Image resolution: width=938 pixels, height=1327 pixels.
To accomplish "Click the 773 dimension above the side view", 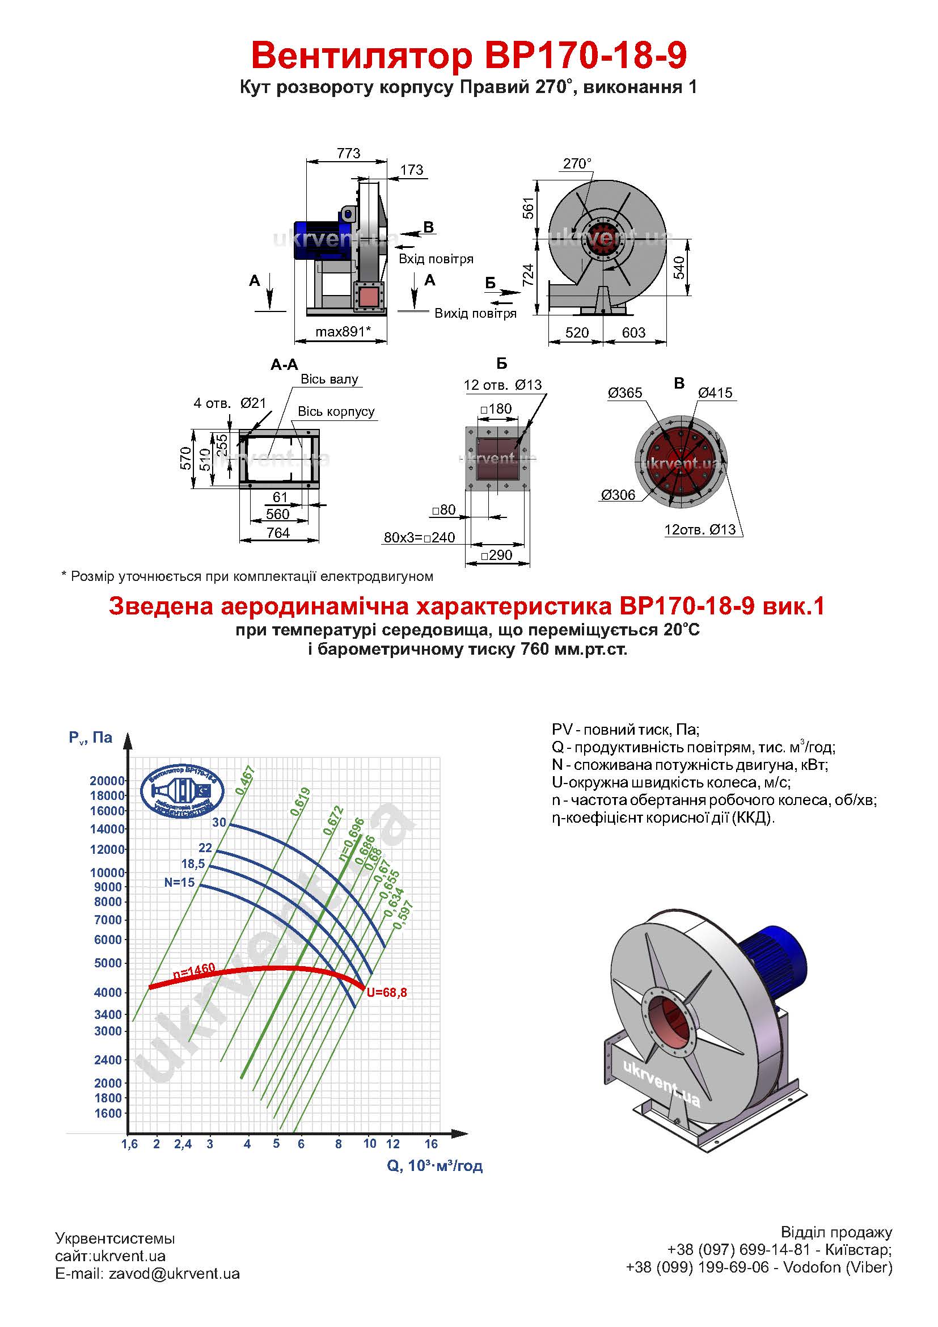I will click(x=348, y=153).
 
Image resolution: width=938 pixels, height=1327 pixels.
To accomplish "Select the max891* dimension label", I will click(x=343, y=332).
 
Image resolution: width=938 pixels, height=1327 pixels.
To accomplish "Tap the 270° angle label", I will click(x=577, y=164).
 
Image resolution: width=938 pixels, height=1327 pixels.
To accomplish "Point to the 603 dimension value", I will click(x=633, y=332).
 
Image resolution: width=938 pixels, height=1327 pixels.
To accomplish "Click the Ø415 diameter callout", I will click(x=715, y=393).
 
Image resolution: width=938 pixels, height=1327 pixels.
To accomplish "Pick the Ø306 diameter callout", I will click(x=618, y=495).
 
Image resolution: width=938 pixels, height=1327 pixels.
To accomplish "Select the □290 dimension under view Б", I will click(x=496, y=555).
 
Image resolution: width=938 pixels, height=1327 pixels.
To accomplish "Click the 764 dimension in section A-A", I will click(x=278, y=533).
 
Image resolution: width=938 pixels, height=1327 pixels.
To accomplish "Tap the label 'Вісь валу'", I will click(x=329, y=380).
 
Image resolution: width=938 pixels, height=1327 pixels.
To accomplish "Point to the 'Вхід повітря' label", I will click(x=436, y=259).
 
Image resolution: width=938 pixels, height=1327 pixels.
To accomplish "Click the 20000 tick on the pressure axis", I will click(x=107, y=781).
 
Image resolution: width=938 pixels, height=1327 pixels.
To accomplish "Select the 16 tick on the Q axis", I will click(x=431, y=1144).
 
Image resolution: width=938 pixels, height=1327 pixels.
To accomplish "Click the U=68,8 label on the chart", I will click(x=387, y=993).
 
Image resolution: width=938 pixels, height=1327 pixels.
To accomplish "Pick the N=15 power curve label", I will click(x=180, y=883).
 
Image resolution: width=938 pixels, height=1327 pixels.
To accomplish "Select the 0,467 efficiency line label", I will click(x=245, y=780).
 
